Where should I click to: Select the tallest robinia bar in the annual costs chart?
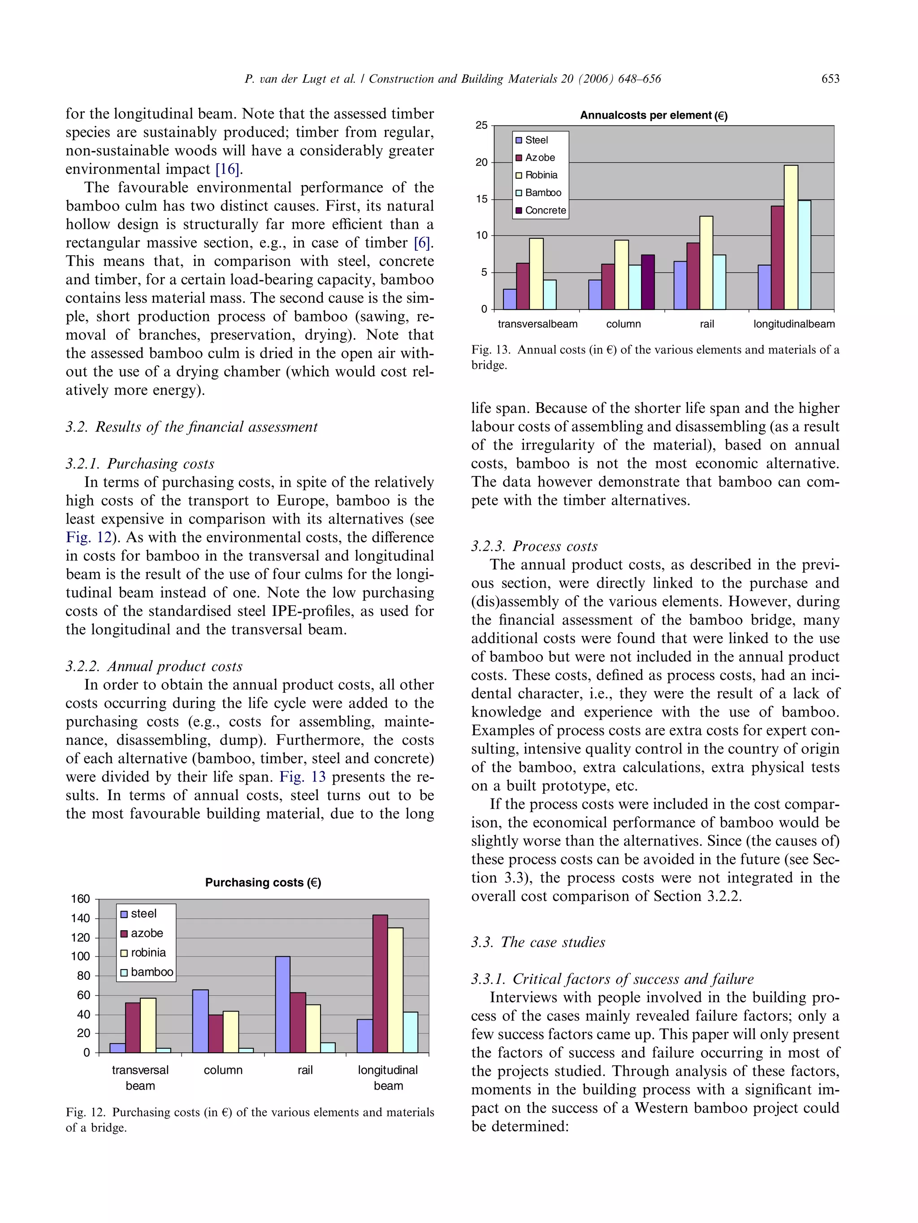click(x=791, y=237)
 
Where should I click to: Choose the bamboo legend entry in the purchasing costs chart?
click(x=147, y=972)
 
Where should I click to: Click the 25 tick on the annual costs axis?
click(x=481, y=125)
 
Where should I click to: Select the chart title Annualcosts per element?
click(x=654, y=115)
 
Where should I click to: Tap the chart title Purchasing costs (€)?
click(x=263, y=882)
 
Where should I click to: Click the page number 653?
click(x=830, y=78)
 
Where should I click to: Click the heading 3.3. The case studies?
click(x=538, y=942)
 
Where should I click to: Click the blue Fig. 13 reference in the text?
click(x=302, y=777)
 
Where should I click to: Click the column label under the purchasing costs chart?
click(x=223, y=1070)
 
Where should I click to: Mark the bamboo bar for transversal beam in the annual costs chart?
click(x=550, y=295)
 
